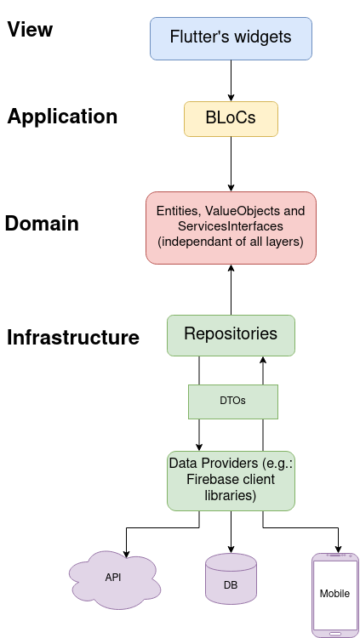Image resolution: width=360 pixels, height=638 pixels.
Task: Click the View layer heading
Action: (30, 30)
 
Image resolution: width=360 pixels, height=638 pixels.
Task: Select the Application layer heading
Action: (62, 117)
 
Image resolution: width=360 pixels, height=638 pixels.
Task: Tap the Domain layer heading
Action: (42, 224)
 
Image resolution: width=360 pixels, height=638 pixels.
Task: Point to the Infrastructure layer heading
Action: (73, 338)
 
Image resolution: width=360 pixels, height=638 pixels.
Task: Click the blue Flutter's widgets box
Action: (231, 38)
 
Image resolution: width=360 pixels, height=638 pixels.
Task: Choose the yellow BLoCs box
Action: (231, 119)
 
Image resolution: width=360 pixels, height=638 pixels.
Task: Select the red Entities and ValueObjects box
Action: (231, 227)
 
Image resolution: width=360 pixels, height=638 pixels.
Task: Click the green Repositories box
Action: (231, 334)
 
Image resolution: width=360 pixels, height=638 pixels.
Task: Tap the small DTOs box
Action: (232, 402)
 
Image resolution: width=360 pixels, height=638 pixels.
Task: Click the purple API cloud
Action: (114, 578)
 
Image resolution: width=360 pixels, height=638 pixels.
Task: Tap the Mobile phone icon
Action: (334, 594)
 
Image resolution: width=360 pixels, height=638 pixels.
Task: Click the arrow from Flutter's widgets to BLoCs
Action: (231, 81)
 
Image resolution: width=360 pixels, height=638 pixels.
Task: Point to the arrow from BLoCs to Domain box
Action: (231, 163)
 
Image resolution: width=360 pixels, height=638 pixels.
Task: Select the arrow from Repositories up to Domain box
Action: (231, 289)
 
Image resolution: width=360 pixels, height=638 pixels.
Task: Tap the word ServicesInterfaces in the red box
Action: (231, 227)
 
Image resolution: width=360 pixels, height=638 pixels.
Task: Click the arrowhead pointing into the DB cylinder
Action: (231, 549)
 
